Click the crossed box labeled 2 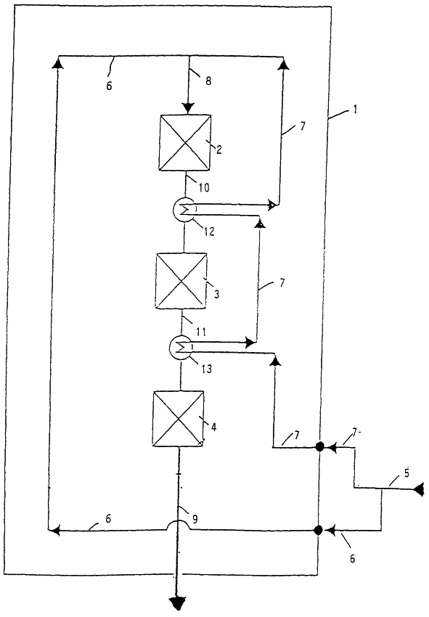click(x=185, y=142)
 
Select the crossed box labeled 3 click(x=181, y=281)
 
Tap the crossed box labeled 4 click(x=179, y=419)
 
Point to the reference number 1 click(x=355, y=109)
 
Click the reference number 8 click(x=208, y=81)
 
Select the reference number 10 click(x=203, y=188)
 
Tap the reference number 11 click(x=201, y=332)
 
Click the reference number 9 click(x=195, y=520)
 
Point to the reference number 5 click(x=406, y=473)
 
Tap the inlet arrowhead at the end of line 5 click(x=419, y=489)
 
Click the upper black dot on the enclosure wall click(x=319, y=446)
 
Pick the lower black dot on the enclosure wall click(x=319, y=530)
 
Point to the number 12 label click(x=209, y=232)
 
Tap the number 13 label click(x=206, y=369)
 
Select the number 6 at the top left click(x=109, y=86)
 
